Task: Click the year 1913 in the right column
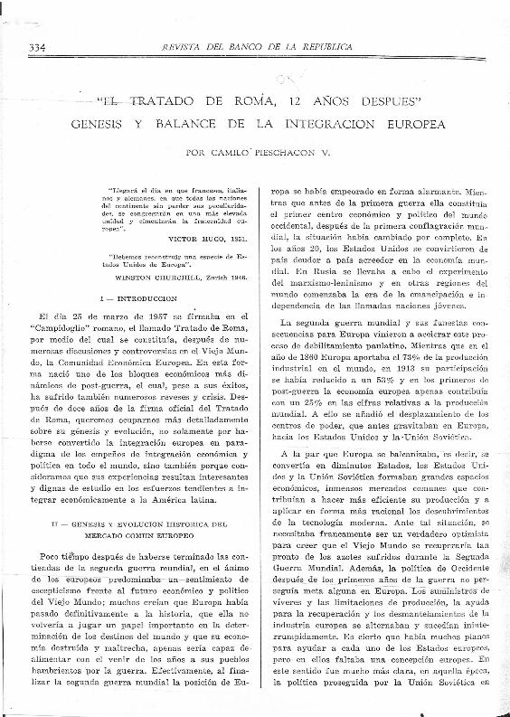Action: coord(401,370)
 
